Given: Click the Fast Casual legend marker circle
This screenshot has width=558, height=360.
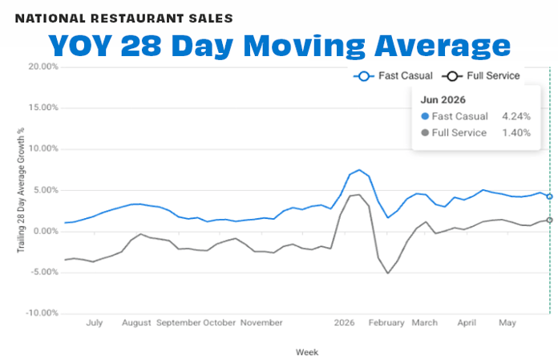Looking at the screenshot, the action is click(x=364, y=76).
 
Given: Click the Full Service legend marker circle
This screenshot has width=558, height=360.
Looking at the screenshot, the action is click(x=452, y=76).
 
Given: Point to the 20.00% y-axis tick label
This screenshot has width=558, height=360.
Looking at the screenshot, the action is click(x=43, y=67).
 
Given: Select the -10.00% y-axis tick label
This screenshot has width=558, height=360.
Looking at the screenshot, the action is click(x=42, y=313).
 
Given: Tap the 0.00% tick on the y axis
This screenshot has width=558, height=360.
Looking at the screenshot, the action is click(x=45, y=231).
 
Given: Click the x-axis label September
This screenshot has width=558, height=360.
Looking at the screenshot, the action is click(x=178, y=322).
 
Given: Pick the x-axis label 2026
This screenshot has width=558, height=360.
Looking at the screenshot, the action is click(x=344, y=322).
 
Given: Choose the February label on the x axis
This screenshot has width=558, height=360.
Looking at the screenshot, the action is click(x=386, y=322).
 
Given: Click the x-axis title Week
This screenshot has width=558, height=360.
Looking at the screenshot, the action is click(x=307, y=352).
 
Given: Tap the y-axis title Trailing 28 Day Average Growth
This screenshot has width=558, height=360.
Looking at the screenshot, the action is click(x=21, y=190).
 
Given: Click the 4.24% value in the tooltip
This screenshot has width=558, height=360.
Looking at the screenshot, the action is click(x=516, y=116).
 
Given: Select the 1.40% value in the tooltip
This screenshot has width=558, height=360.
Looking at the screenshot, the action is click(x=516, y=132).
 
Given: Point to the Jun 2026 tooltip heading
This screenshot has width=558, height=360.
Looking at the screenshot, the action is click(x=443, y=99).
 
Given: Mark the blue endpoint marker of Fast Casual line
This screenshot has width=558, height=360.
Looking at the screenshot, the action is click(x=549, y=196).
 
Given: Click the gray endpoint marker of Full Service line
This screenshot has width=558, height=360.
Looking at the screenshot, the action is click(x=549, y=220).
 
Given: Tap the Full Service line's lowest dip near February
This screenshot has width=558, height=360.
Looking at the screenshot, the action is click(x=387, y=273).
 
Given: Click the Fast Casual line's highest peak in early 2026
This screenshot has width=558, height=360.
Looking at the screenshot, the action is click(x=359, y=170).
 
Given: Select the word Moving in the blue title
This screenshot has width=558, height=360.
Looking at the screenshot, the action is click(x=304, y=46).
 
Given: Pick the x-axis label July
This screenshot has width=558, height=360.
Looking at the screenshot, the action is click(x=95, y=322).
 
